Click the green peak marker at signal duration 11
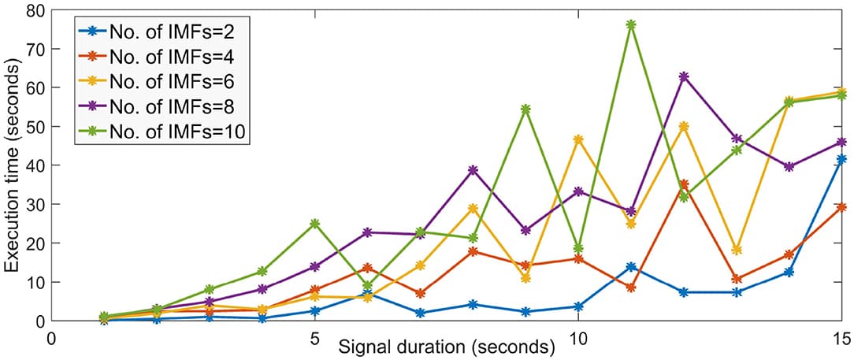tap(631, 24)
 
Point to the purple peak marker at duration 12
tap(684, 76)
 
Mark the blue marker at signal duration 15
tap(841, 159)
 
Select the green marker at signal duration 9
tap(525, 109)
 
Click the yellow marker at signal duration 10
tap(578, 139)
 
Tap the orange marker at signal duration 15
tap(841, 207)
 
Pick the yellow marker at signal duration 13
tap(737, 250)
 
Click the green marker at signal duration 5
tap(315, 224)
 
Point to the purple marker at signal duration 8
tap(473, 170)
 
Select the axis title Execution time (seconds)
tap(13, 165)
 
